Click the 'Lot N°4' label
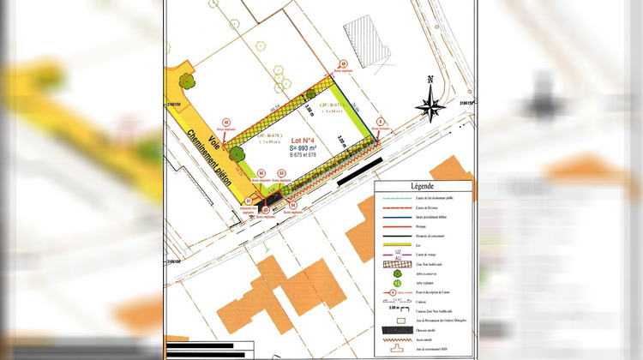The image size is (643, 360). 304,140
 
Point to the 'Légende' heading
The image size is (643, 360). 424,186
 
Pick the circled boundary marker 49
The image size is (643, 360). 342,63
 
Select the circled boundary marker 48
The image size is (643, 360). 226,122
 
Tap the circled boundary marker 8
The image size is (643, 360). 380,121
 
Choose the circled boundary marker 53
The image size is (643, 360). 282,174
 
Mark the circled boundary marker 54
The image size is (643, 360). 292,206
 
